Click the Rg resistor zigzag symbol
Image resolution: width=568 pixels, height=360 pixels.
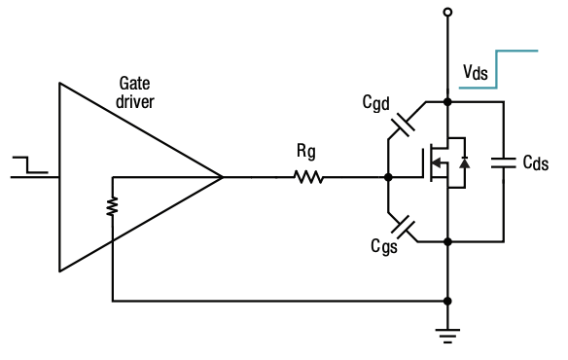pyautogui.click(x=309, y=177)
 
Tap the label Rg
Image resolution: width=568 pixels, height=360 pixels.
pyautogui.click(x=305, y=152)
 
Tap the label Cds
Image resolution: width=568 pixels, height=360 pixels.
pyautogui.click(x=535, y=163)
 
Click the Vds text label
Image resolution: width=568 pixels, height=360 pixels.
pyautogui.click(x=477, y=73)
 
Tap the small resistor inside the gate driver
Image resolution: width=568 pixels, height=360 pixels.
pyautogui.click(x=113, y=207)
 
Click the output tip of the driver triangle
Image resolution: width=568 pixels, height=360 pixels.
pyautogui.click(x=222, y=177)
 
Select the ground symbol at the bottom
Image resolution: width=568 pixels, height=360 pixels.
pyautogui.click(x=447, y=337)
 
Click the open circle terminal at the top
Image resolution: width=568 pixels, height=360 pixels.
pyautogui.click(x=447, y=12)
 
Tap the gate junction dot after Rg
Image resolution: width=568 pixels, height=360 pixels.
pyautogui.click(x=388, y=177)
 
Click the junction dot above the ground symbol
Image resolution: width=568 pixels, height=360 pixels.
pyautogui.click(x=447, y=301)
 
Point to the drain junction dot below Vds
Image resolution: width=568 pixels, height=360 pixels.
pyautogui.click(x=447, y=101)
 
